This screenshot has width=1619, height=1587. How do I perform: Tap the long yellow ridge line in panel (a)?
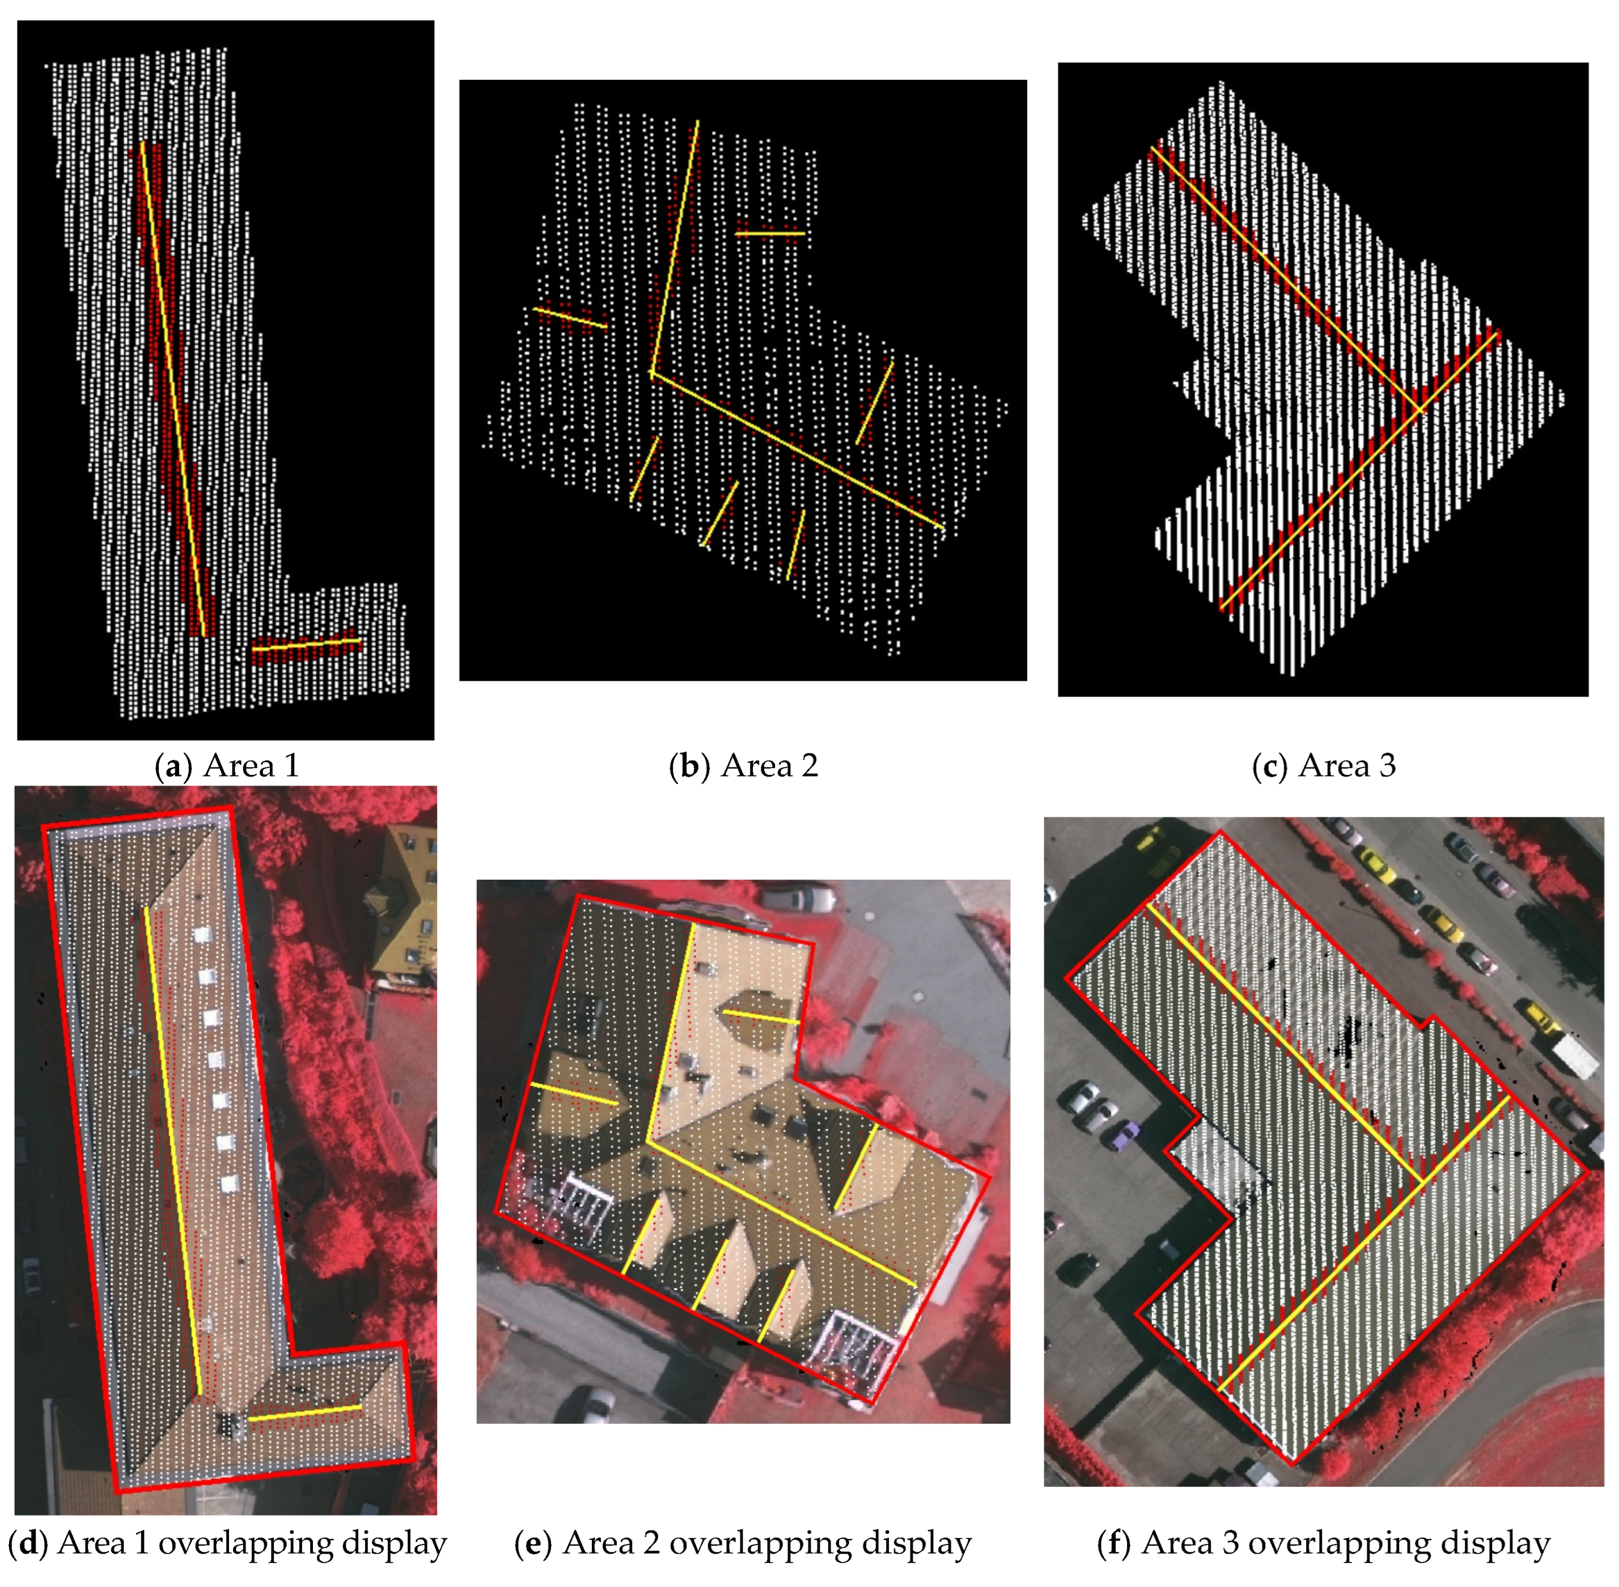[172, 389]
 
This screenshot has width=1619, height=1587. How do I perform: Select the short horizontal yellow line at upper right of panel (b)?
[769, 234]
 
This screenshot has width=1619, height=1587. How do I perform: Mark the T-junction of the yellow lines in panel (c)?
[1420, 409]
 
